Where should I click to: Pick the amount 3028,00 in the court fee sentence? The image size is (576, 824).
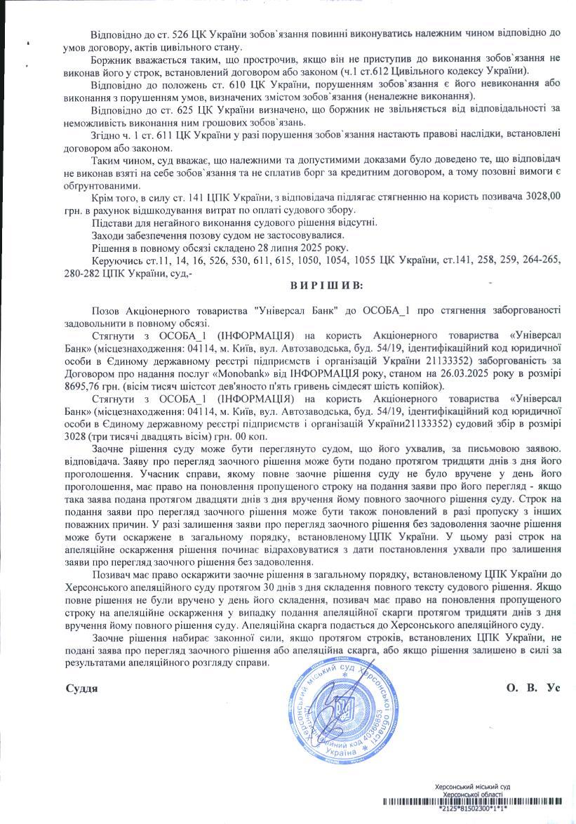pos(546,198)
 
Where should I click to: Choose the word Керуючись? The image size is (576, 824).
pos(114,260)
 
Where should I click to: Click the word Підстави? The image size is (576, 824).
pos(112,222)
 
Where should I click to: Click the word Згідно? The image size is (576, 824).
pos(106,134)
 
